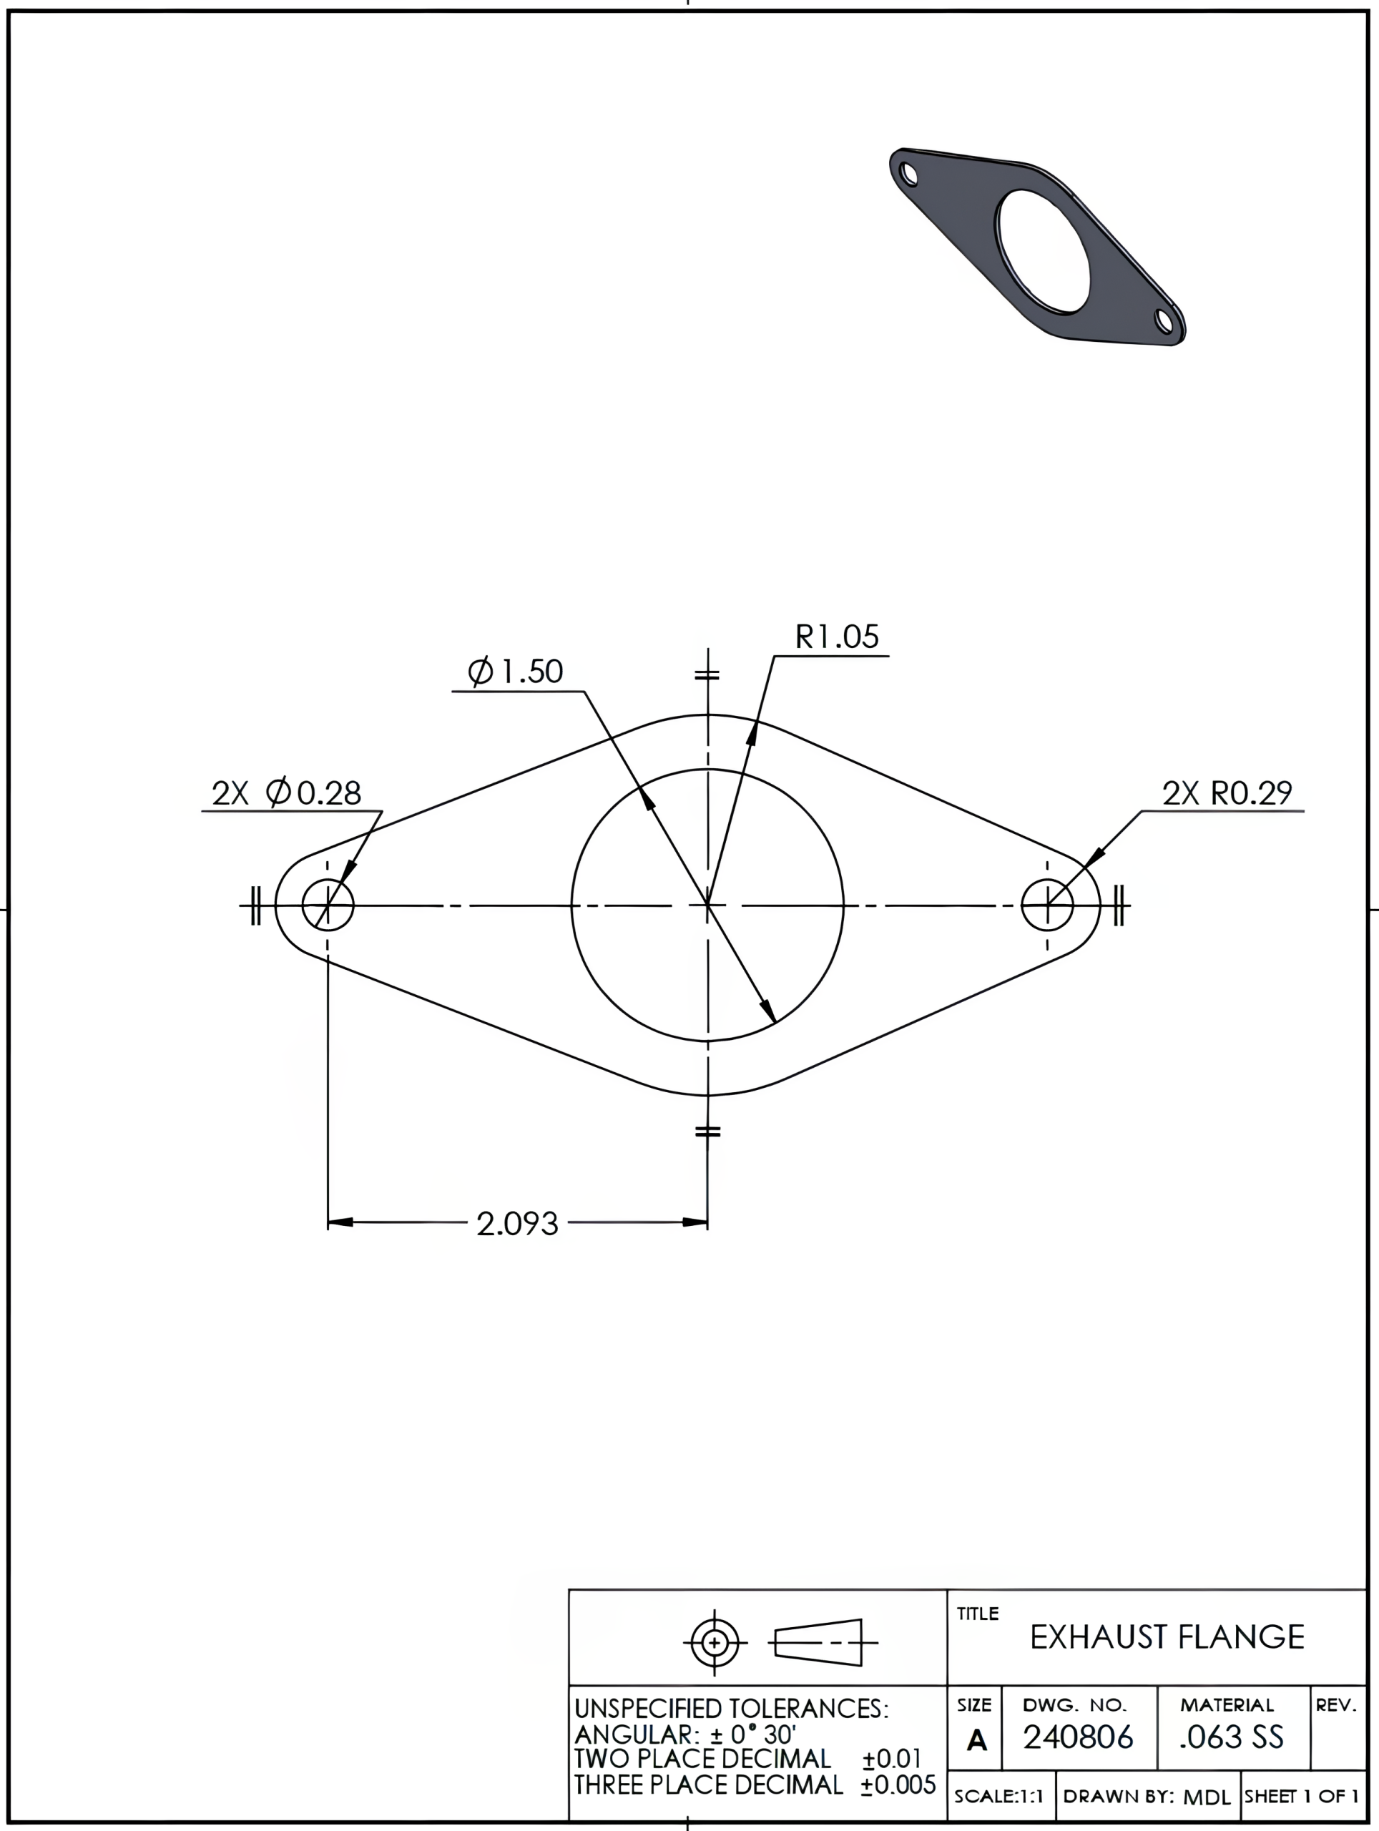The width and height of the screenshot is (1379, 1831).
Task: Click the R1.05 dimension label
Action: click(836, 637)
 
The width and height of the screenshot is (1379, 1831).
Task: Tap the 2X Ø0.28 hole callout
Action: click(286, 793)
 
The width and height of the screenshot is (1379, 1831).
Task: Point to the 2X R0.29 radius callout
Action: click(1227, 793)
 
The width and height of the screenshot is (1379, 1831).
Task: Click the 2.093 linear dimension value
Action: click(517, 1224)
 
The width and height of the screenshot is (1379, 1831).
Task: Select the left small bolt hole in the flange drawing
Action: click(328, 905)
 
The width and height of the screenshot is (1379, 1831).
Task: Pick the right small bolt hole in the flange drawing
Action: click(1047, 905)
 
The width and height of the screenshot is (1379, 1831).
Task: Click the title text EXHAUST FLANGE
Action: click(1167, 1637)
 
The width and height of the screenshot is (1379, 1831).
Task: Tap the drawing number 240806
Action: click(1078, 1737)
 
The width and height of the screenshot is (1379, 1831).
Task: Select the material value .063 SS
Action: click(1232, 1737)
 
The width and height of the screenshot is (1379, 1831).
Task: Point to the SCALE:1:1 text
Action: click(999, 1796)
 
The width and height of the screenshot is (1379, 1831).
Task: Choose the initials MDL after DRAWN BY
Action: click(1207, 1797)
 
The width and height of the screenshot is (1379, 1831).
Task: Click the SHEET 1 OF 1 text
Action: click(1301, 1796)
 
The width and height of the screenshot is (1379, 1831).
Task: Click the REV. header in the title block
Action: click(1336, 1705)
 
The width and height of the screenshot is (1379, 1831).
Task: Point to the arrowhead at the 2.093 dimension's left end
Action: click(340, 1222)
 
